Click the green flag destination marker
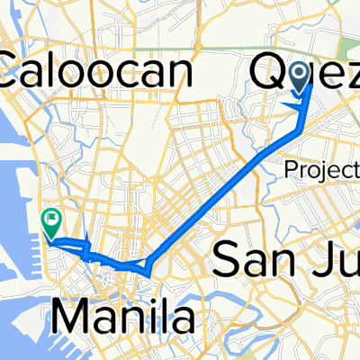pyautogui.click(x=51, y=219)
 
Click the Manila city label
pyautogui.click(x=135, y=317)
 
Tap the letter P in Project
pyautogui.click(x=290, y=168)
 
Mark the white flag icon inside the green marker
pyautogui.click(x=51, y=216)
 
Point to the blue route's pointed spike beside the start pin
pyautogui.click(x=287, y=105)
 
